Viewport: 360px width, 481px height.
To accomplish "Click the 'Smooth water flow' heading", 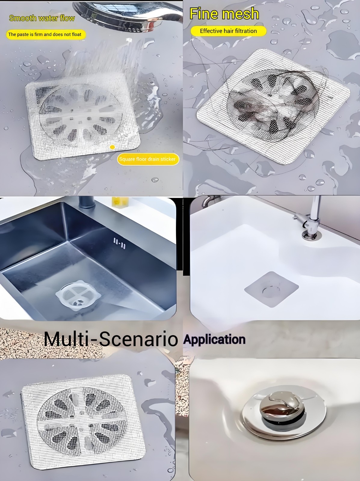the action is point(42,18).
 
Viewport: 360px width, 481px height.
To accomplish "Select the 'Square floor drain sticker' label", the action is point(148,159).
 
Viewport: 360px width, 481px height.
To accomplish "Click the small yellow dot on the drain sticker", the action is point(112,147).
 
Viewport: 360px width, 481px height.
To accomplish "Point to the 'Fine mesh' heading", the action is point(224,13).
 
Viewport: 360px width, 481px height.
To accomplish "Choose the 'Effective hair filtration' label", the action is point(229,31).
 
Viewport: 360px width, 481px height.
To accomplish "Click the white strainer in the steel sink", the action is point(78,295).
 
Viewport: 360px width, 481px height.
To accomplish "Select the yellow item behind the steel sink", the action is point(120,202).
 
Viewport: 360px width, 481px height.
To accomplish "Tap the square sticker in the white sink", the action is point(271,289).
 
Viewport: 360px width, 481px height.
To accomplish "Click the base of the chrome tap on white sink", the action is point(311,235).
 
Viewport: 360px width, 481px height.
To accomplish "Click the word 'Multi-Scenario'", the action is point(111,339).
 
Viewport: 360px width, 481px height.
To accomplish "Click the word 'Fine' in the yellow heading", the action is point(204,13).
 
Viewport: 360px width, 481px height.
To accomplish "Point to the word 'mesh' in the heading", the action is point(240,14).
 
